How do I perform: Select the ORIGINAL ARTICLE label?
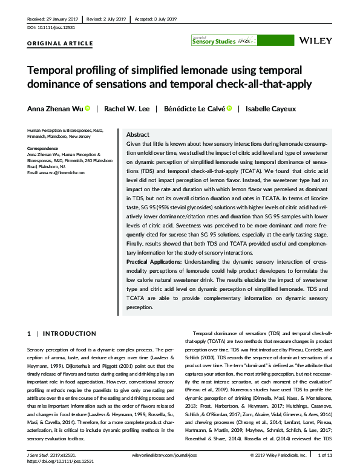[60, 44]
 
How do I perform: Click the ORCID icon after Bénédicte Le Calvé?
[231, 109]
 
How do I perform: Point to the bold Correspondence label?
[42, 148]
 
